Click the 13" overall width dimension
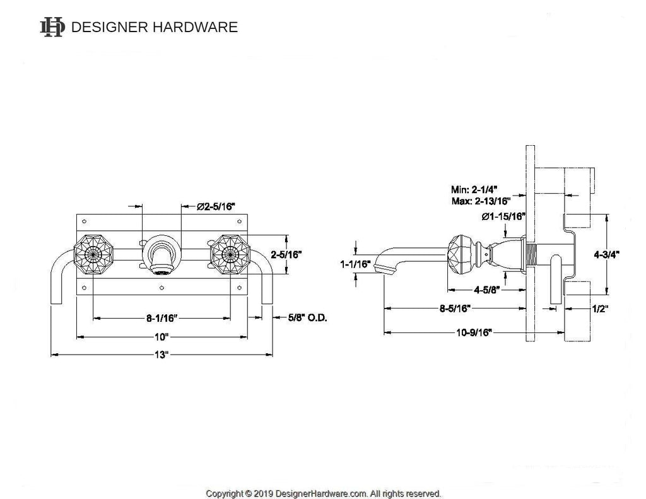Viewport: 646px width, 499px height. pyautogui.click(x=162, y=355)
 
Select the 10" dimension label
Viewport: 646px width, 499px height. pyautogui.click(x=162, y=336)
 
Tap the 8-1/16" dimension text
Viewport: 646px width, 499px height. pyautogui.click(x=162, y=318)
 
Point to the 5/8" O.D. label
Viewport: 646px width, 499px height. pyautogui.click(x=307, y=318)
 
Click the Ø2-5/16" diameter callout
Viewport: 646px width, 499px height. pyautogui.click(x=216, y=206)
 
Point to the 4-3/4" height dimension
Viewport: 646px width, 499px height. pyautogui.click(x=607, y=254)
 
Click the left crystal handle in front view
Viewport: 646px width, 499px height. pyautogui.click(x=93, y=255)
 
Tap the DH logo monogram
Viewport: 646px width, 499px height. pyautogui.click(x=52, y=26)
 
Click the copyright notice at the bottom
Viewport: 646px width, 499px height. pyautogui.click(x=323, y=493)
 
